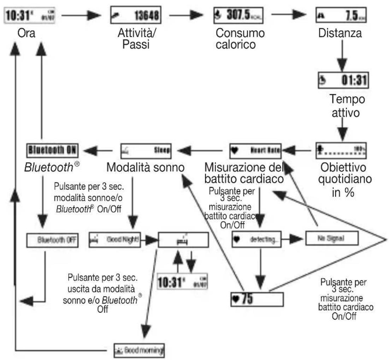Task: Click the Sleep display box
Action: coord(146,151)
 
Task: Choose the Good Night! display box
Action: coord(114,240)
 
